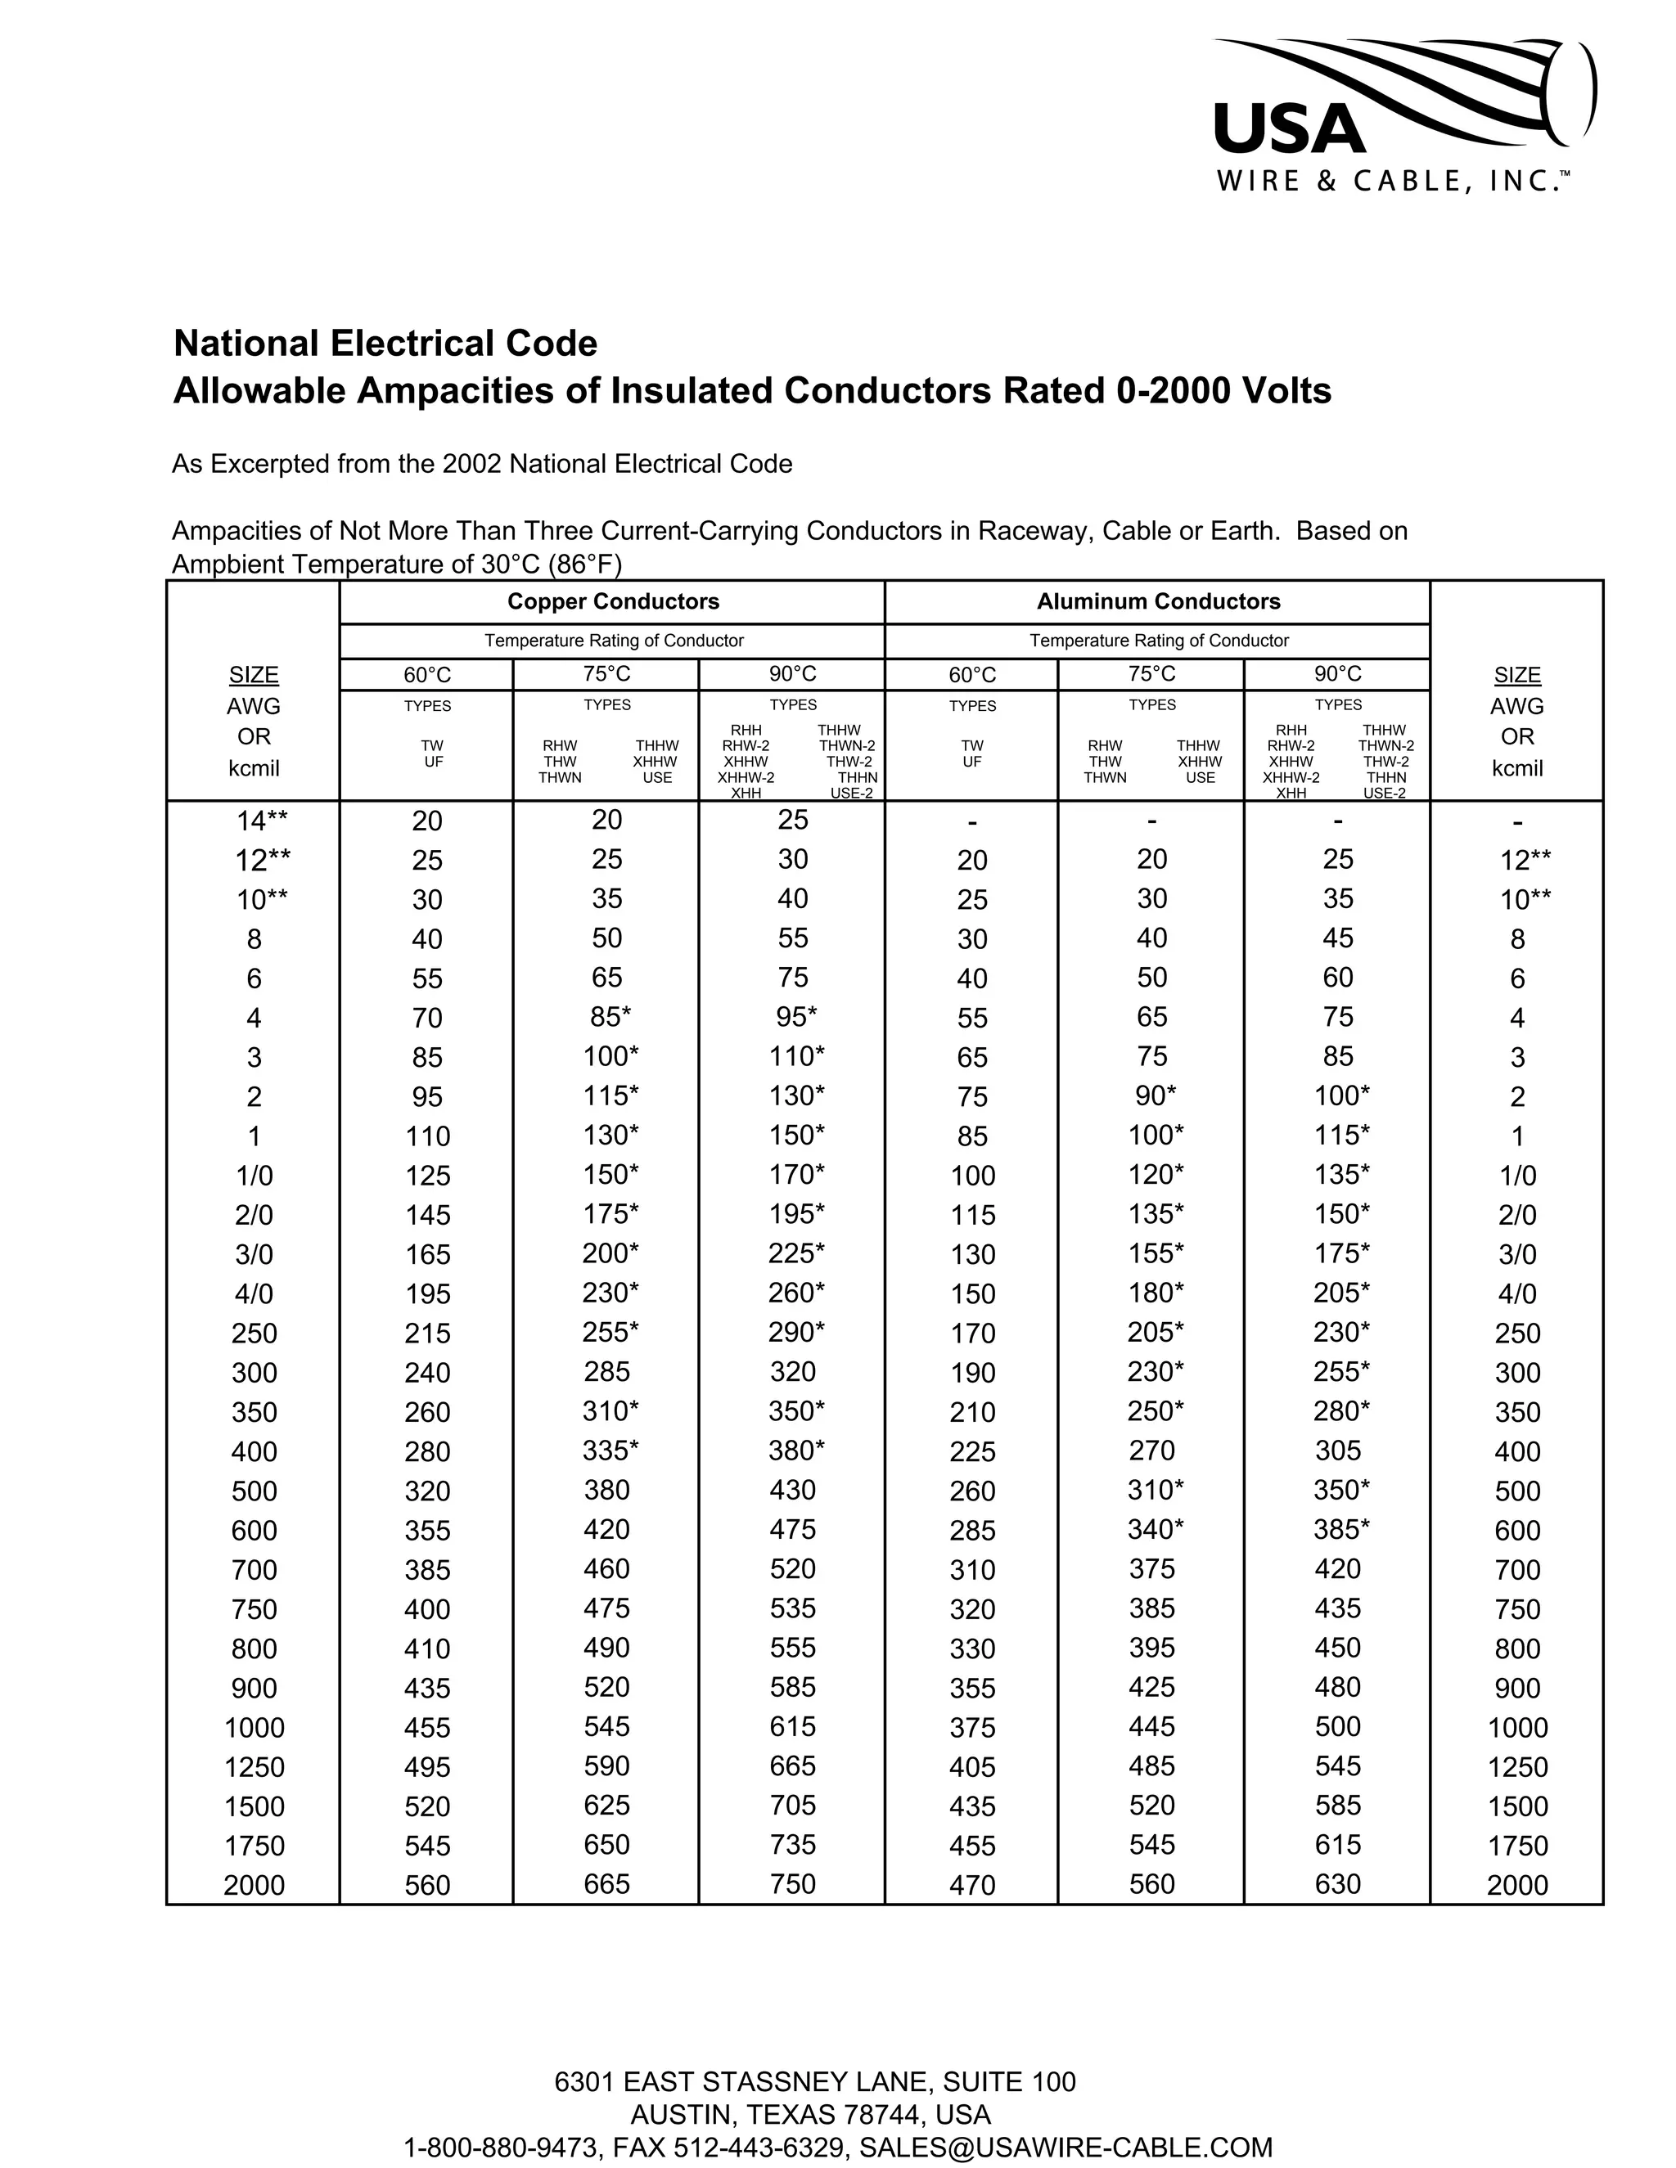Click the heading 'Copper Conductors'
[x=613, y=601]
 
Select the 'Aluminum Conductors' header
[x=1158, y=601]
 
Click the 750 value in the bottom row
[x=792, y=1884]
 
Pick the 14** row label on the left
[x=262, y=821]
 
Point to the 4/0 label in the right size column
[x=1516, y=1294]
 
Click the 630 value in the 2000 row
[x=1337, y=1884]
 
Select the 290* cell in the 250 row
[x=795, y=1332]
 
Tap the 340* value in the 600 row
[x=1155, y=1530]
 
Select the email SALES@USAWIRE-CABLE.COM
[x=1066, y=2148]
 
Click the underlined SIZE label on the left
[x=255, y=675]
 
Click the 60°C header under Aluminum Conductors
[x=971, y=675]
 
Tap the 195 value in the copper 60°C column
[x=427, y=1294]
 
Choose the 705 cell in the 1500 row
[x=792, y=1806]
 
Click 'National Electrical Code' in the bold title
[x=385, y=344]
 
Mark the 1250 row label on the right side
[x=1516, y=1767]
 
